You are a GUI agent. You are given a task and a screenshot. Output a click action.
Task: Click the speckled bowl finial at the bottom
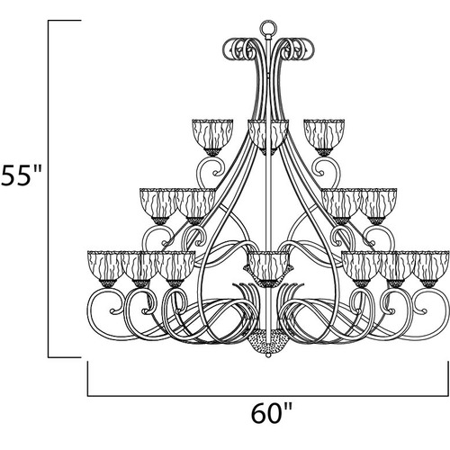(268, 343)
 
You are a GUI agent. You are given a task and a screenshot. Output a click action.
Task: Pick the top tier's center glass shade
(268, 133)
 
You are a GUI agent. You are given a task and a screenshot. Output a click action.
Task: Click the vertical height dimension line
(49, 189)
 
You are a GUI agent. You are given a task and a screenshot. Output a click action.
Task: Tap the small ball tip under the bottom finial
(268, 355)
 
